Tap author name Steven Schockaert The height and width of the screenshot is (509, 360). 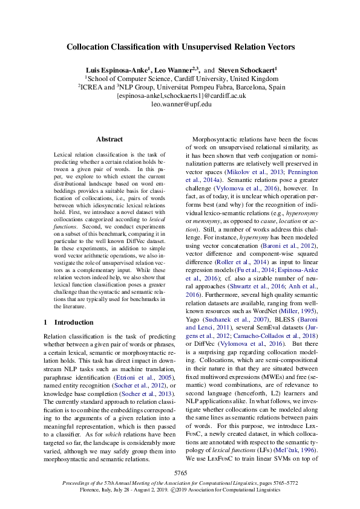(x=247, y=70)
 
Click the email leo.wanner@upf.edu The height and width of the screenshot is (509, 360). (x=180, y=104)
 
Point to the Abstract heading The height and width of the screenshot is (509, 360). (x=109, y=139)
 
